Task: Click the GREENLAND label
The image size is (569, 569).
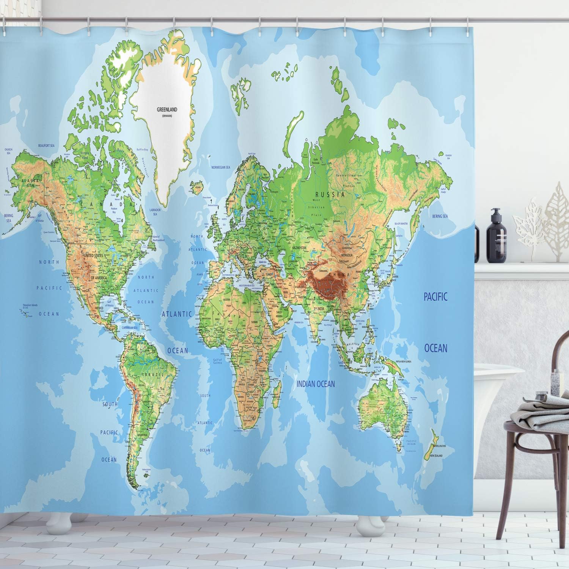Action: [167, 109]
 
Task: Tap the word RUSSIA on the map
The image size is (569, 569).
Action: [330, 195]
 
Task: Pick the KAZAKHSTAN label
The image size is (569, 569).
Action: [299, 247]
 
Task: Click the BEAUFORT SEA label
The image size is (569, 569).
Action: [47, 145]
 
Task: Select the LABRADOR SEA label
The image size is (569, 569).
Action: [155, 212]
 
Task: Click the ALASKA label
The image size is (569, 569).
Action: [28, 181]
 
